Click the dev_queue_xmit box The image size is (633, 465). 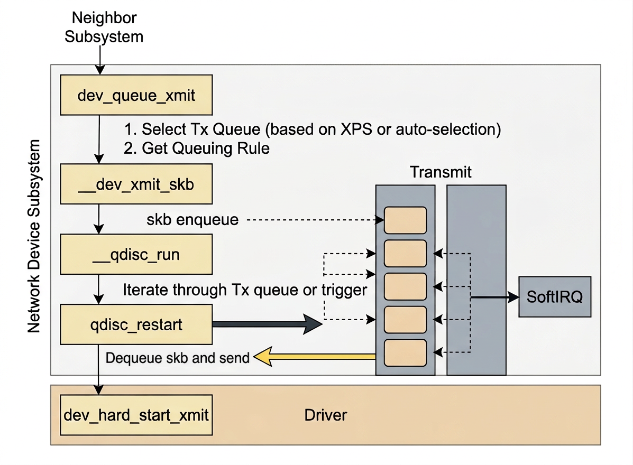[x=136, y=95]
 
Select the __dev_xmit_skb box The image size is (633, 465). [x=136, y=184]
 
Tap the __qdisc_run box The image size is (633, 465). [x=136, y=255]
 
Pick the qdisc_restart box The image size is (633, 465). [x=136, y=324]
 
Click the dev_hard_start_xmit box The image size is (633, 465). [x=136, y=415]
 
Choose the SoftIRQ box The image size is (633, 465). [x=554, y=296]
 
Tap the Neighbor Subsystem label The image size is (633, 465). [x=104, y=27]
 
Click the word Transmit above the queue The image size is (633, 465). [x=441, y=173]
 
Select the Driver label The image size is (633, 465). [x=326, y=415]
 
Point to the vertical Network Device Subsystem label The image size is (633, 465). [x=34, y=236]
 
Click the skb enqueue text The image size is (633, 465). [x=192, y=219]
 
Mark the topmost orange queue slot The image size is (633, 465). [x=405, y=220]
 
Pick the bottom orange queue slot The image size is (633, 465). [x=405, y=353]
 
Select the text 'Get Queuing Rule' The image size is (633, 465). [x=206, y=148]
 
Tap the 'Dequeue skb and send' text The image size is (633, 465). [x=178, y=358]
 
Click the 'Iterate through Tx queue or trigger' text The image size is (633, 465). [x=244, y=290]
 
